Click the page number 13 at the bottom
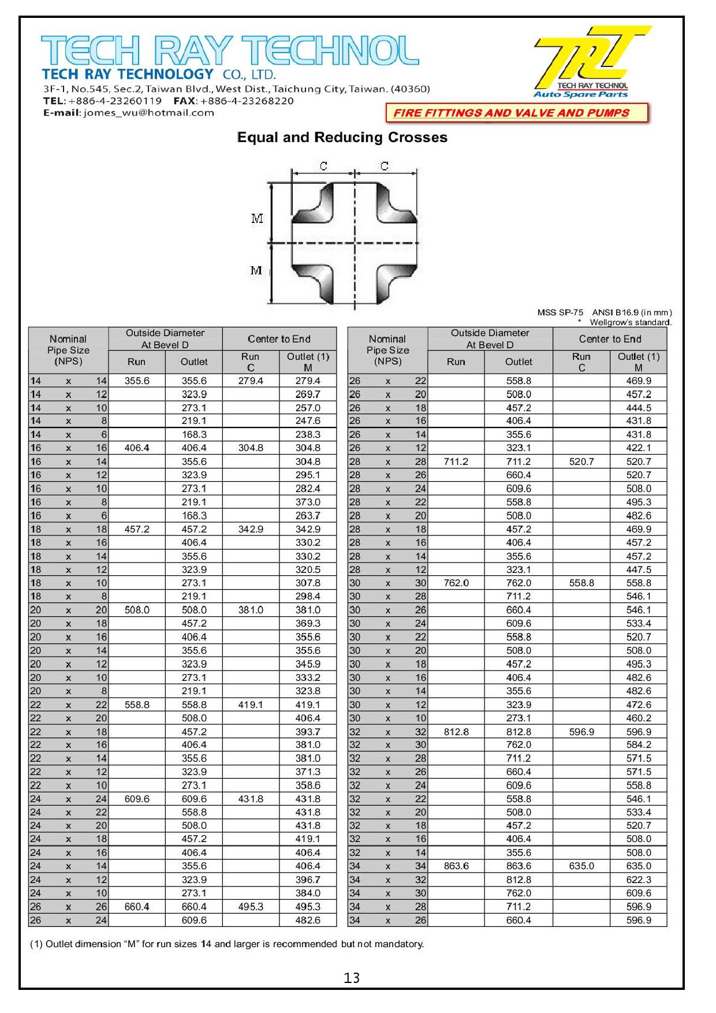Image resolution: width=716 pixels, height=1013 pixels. point(352,978)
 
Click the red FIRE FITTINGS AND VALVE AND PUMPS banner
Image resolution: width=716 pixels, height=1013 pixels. point(512,113)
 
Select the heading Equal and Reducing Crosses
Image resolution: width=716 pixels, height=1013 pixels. point(342,137)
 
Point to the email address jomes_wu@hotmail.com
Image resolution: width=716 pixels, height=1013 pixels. point(149,113)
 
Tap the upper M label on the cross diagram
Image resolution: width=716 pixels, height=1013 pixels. point(257,218)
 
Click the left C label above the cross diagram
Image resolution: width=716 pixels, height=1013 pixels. point(323,166)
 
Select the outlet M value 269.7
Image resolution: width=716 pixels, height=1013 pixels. point(308,394)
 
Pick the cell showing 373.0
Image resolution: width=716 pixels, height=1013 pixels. point(308,502)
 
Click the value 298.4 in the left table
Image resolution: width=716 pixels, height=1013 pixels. point(308,597)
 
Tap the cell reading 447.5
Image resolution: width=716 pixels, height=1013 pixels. point(639,570)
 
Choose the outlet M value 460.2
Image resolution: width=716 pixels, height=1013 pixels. point(639,718)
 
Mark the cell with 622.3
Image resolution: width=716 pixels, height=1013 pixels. point(639,880)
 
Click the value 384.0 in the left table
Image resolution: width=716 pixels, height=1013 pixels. point(308,893)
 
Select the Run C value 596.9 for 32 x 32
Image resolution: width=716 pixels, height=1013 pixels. point(581,732)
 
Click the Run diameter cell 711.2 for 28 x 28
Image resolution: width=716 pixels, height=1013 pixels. point(456,462)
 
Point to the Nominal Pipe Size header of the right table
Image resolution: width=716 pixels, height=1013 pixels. point(387,350)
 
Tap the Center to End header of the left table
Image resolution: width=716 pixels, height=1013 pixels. point(279,339)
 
